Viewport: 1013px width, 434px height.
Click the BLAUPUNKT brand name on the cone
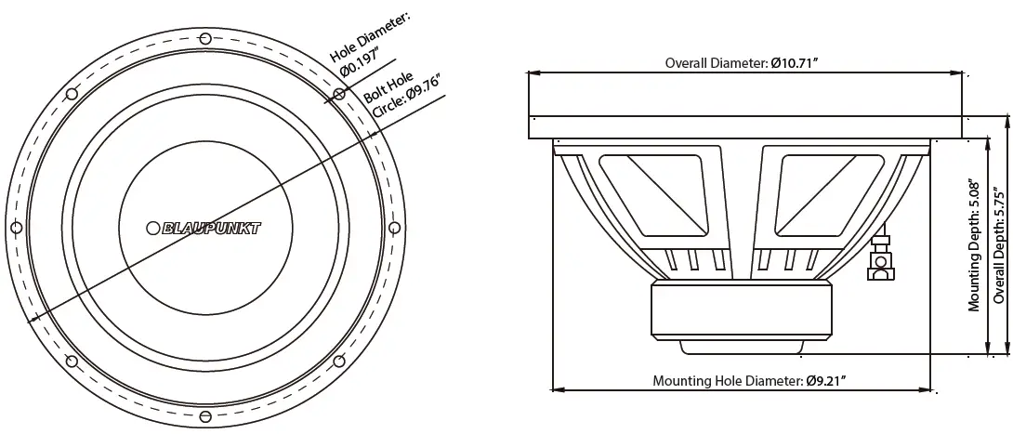pos(211,228)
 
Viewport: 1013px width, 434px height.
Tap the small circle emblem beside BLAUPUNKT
pos(153,228)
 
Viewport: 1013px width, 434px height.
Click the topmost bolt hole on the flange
pos(204,38)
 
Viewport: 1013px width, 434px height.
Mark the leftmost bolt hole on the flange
pos(15,228)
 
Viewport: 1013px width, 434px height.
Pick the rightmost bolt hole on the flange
pos(393,228)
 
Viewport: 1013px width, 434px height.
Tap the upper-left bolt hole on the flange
pos(71,93)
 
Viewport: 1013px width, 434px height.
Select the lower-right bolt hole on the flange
pos(338,362)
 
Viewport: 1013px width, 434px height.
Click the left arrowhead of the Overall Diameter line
pos(533,72)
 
